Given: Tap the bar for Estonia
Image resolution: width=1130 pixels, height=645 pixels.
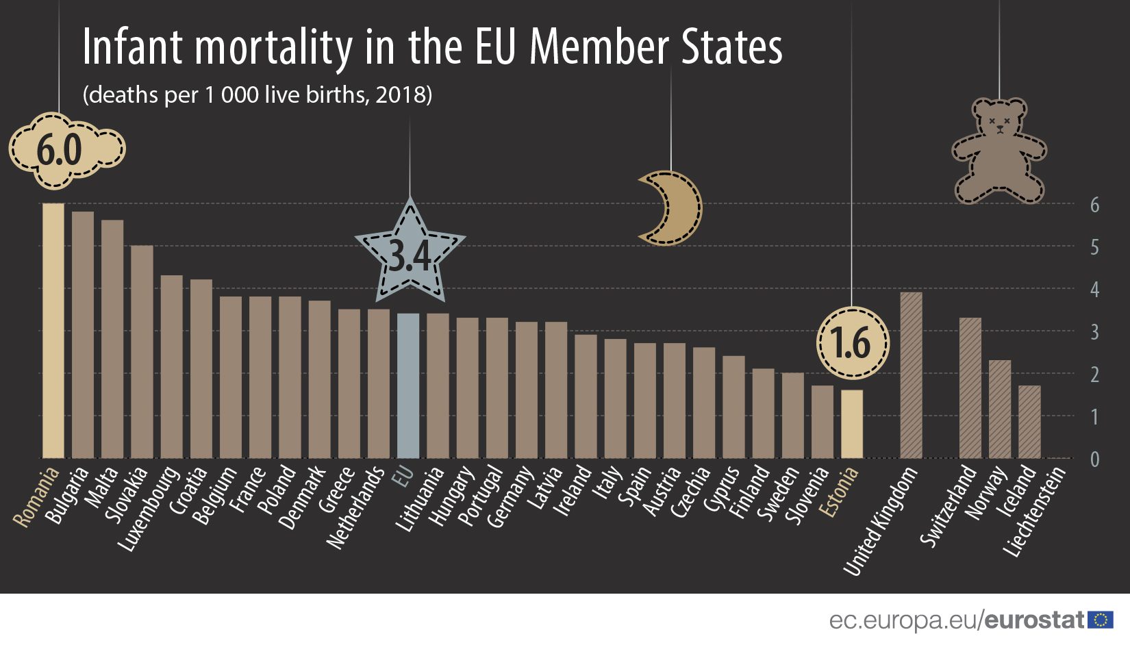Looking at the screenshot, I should pyautogui.click(x=852, y=424).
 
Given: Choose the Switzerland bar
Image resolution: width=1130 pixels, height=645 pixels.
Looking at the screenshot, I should pyautogui.click(x=970, y=388).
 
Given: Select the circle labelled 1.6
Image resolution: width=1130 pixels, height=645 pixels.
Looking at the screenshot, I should pyautogui.click(x=853, y=342).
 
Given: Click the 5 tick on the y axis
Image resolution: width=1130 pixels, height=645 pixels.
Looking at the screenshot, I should pyautogui.click(x=1094, y=247).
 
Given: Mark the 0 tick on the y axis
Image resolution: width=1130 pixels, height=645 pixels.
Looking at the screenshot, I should pyautogui.click(x=1094, y=459).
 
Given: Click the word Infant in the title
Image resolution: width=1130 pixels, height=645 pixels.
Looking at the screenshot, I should pyautogui.click(x=132, y=48).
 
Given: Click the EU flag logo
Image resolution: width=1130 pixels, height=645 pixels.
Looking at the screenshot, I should pyautogui.click(x=1101, y=620).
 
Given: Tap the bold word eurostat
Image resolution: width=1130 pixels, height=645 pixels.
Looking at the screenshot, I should pyautogui.click(x=1034, y=620).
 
